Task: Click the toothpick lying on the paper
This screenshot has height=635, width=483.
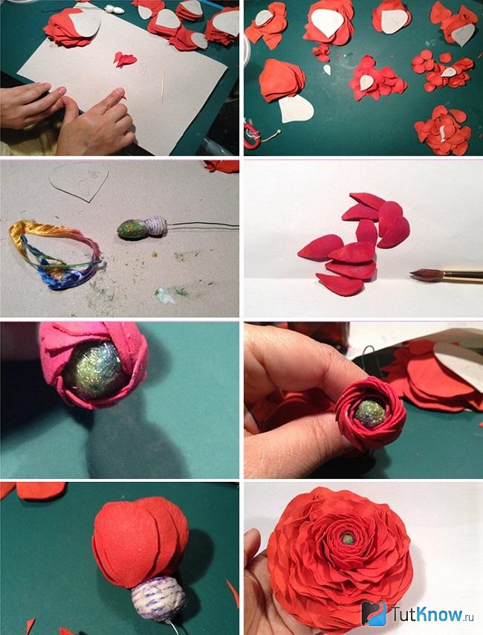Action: [163, 87]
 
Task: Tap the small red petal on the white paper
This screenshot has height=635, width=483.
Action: [124, 59]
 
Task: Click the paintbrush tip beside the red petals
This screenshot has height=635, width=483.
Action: [422, 275]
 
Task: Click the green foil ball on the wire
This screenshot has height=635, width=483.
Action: [132, 230]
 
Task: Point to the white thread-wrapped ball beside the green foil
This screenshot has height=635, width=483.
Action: [156, 226]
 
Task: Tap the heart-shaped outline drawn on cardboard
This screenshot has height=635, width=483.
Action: [80, 182]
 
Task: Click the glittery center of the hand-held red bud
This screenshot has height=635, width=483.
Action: [369, 413]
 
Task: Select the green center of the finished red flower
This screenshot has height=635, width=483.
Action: [347, 539]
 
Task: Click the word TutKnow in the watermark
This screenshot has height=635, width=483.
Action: [427, 614]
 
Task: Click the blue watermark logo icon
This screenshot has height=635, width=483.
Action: [373, 613]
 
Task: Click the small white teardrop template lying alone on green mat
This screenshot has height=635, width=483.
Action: [327, 70]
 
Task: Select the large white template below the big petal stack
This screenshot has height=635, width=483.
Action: [296, 109]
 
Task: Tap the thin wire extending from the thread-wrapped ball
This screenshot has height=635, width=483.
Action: [203, 225]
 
